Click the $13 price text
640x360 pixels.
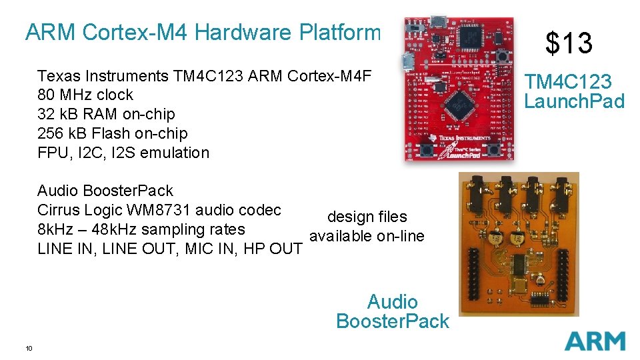(569, 43)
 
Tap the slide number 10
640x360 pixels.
(29, 348)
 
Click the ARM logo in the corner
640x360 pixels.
(595, 341)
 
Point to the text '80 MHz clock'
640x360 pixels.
(85, 95)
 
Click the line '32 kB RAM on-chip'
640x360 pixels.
(106, 114)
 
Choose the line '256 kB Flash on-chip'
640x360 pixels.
(113, 133)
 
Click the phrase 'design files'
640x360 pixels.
(367, 217)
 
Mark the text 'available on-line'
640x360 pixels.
(367, 236)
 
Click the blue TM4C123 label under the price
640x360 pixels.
(567, 82)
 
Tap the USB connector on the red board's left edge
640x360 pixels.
(407, 64)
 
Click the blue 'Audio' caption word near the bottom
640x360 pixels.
(393, 302)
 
